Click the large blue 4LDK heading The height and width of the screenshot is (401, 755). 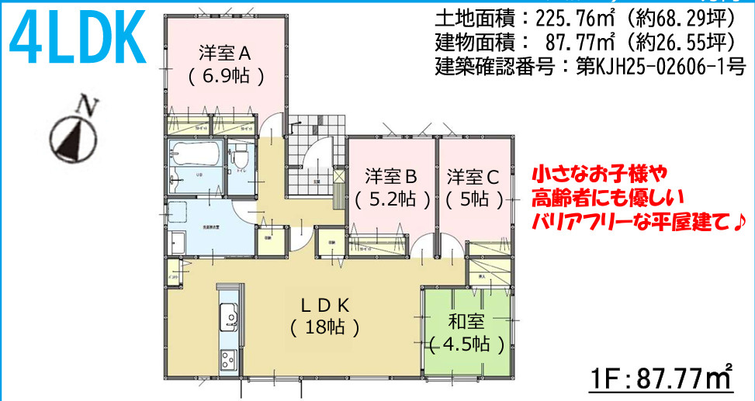pos(78,37)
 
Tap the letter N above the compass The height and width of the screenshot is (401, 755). pos(90,106)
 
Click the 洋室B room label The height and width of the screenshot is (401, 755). pos(392,175)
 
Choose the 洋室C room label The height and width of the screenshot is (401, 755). pos(473,175)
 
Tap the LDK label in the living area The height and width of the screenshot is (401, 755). pos(324,304)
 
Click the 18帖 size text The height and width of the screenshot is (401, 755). pos(324,327)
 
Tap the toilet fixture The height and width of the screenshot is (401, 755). pos(241,151)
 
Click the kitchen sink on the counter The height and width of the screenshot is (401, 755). pos(230,316)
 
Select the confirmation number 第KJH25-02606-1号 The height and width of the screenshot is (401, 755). pos(660,66)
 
